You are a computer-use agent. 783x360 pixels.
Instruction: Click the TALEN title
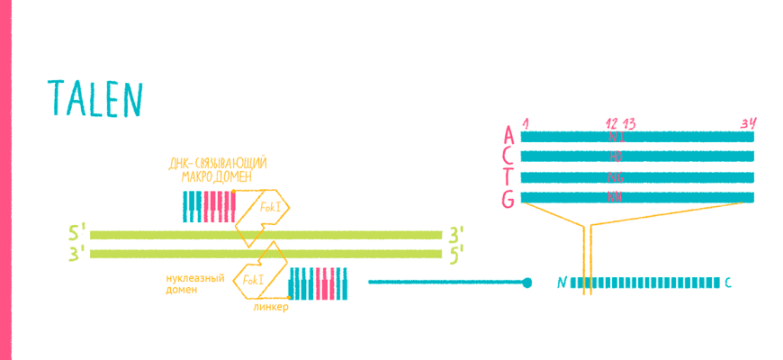[94, 98]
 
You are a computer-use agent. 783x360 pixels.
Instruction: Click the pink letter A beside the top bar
[509, 136]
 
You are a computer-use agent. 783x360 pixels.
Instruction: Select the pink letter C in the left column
[509, 157]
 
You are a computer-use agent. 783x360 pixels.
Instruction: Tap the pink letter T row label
[509, 177]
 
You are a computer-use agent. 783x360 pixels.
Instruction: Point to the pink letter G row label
[509, 199]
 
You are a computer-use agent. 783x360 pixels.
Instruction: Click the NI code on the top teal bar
[616, 137]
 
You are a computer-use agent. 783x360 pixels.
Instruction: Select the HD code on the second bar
[616, 157]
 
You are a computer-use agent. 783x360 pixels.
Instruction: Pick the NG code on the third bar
[616, 177]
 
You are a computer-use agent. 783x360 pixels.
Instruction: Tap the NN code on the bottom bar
[616, 197]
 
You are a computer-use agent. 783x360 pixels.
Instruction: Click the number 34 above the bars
[746, 122]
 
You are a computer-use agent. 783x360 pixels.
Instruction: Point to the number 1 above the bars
[524, 122]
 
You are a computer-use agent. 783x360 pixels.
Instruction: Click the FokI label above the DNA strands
[269, 207]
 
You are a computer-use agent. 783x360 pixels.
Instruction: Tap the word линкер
[271, 306]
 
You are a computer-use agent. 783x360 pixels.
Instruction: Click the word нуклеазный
[193, 275]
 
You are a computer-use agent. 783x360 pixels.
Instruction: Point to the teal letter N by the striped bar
[562, 283]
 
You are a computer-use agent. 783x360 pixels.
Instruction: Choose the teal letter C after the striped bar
[728, 283]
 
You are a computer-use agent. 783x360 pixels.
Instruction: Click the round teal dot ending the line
[527, 283]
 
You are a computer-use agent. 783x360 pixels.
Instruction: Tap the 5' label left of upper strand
[77, 235]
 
